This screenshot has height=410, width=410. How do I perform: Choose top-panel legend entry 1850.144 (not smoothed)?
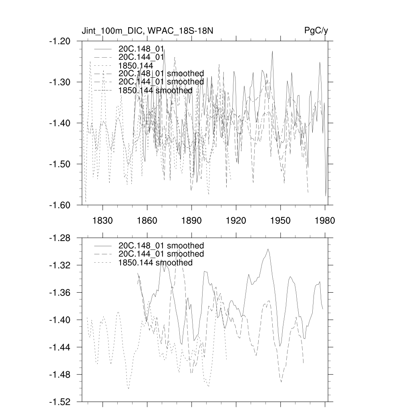136,65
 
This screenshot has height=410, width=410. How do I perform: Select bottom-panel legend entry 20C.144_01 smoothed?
161,254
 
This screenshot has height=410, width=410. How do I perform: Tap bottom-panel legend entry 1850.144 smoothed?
155,263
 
